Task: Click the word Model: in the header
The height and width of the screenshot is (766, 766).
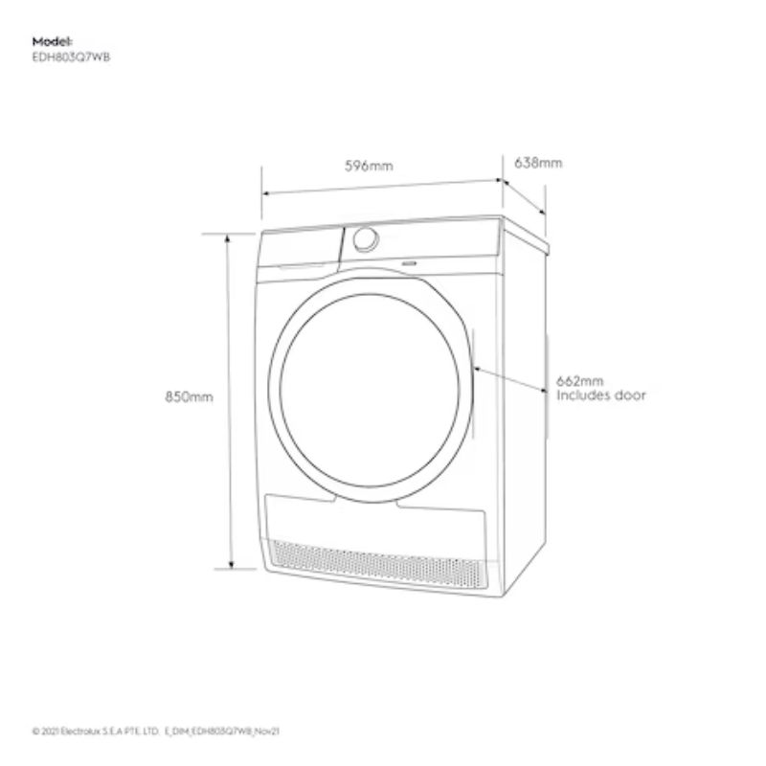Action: pos(53,41)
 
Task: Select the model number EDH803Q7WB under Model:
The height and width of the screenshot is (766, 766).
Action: pos(71,57)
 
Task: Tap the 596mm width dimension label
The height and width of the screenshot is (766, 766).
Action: pos(369,166)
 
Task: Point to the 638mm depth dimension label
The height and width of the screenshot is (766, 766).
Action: pos(538,163)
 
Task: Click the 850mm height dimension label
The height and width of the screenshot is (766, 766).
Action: pos(189,396)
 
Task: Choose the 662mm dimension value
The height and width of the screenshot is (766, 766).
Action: pos(580,380)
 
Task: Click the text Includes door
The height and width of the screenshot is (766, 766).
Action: pos(601,395)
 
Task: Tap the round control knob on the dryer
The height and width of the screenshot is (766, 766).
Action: pos(366,239)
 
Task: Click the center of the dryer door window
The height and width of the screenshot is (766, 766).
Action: pos(370,391)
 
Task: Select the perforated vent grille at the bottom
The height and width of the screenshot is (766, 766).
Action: pos(377,564)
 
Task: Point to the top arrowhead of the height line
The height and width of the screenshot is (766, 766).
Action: pos(227,238)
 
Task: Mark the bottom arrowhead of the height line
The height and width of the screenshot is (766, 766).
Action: pos(232,565)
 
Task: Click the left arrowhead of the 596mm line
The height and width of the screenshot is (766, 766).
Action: pos(266,193)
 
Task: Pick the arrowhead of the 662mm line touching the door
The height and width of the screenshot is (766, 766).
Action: pos(477,369)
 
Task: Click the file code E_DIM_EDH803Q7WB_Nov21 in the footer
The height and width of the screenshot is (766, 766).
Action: pos(222,732)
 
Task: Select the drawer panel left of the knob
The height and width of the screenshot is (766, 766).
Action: pos(299,249)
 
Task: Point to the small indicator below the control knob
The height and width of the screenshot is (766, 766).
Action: pos(409,263)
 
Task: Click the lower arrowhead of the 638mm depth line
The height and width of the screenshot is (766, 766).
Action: pos(542,211)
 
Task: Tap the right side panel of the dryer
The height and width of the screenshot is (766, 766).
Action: pos(525,411)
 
